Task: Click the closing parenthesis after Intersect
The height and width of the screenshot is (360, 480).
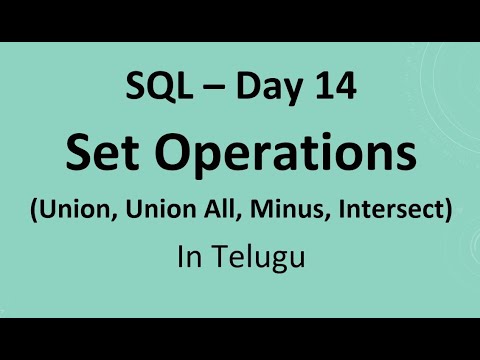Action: tap(446, 211)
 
